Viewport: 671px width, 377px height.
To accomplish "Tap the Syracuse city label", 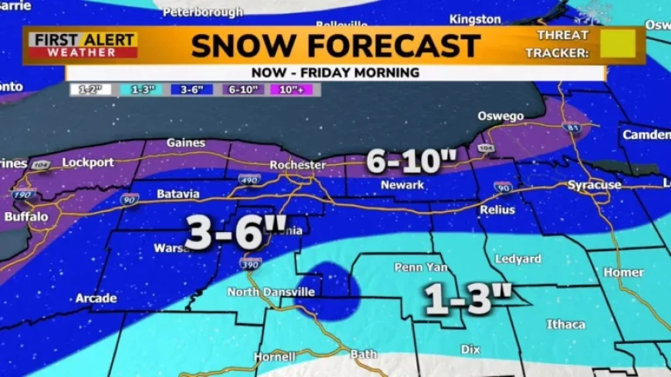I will click(x=594, y=185).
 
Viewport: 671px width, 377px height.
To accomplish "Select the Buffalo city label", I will click(x=26, y=217).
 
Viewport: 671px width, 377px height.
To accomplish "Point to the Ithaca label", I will click(x=566, y=325).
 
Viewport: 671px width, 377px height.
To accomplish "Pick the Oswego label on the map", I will click(x=501, y=116).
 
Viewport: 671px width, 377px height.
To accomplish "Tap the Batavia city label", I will click(x=178, y=194).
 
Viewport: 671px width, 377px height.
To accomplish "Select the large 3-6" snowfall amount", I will click(x=225, y=232).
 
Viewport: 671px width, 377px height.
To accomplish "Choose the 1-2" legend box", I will click(x=92, y=89).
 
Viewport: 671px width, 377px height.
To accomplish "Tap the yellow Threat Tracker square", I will click(x=618, y=44).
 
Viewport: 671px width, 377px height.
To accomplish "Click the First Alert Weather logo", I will click(x=83, y=45).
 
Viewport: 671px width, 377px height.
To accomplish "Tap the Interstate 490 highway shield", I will click(x=249, y=180).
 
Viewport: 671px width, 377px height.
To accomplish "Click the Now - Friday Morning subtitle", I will click(x=335, y=72).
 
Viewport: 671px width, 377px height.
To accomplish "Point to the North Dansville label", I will click(x=271, y=292).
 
